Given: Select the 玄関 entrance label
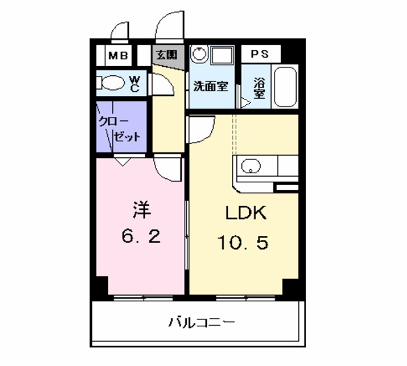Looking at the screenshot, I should pos(166,54).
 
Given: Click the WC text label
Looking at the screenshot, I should pos(135,83).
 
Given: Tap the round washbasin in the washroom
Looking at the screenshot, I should pos(199,56).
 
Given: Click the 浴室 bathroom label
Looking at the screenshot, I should pos(259,88).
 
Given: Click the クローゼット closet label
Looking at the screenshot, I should pos(121,128).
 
